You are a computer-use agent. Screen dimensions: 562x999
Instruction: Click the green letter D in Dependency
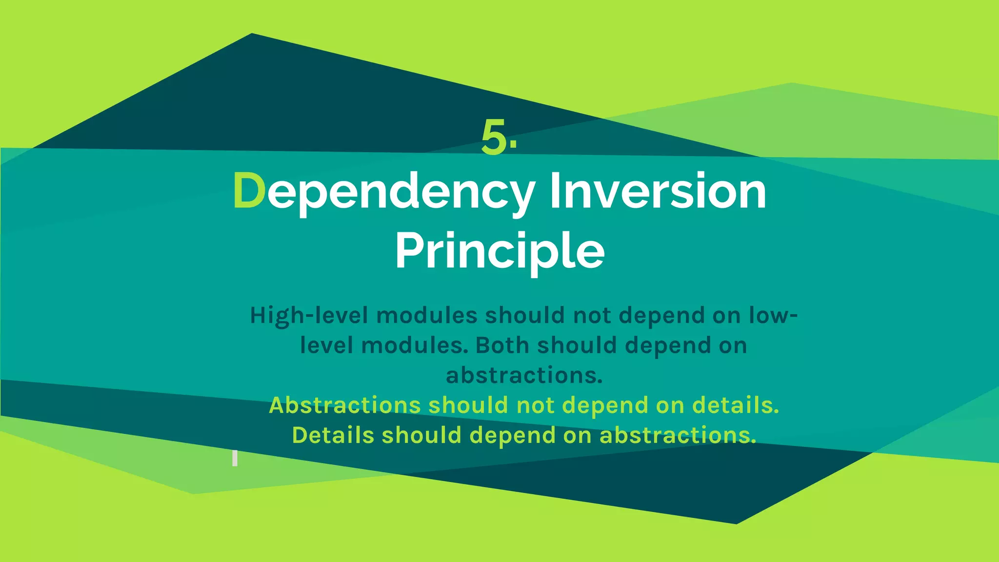[x=249, y=191]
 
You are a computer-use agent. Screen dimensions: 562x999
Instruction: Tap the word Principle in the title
[x=499, y=251]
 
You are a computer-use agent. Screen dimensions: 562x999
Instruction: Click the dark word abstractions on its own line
[x=524, y=375]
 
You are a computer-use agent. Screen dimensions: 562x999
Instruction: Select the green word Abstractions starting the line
[x=344, y=405]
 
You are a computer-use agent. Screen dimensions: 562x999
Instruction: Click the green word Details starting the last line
[x=333, y=435]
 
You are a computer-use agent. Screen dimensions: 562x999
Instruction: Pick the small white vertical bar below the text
[x=235, y=458]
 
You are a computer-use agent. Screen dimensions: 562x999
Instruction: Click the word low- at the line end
[x=773, y=316]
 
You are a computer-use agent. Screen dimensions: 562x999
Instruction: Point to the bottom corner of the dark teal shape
[x=736, y=522]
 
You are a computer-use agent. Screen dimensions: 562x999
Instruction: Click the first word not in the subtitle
[x=592, y=316]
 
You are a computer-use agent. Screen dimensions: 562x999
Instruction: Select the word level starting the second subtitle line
[x=326, y=345]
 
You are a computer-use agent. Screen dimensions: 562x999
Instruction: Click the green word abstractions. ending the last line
[x=678, y=435]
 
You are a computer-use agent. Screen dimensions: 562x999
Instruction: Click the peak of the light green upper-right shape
[x=791, y=84]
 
